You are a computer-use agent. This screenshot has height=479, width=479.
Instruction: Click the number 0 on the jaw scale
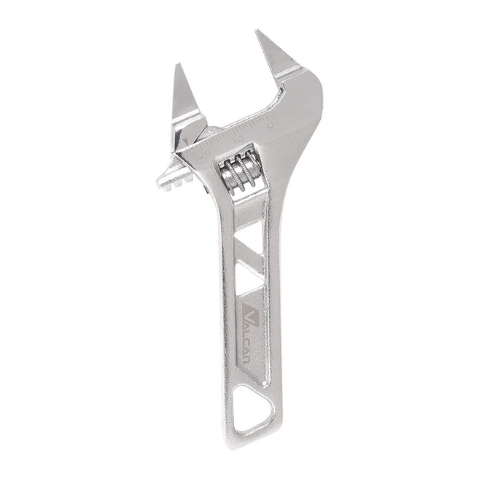270,125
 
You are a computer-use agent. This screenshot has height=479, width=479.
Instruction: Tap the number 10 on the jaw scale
238,139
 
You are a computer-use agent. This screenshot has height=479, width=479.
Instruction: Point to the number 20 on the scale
206,154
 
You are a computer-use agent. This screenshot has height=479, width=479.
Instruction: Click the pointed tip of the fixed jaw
257,31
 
